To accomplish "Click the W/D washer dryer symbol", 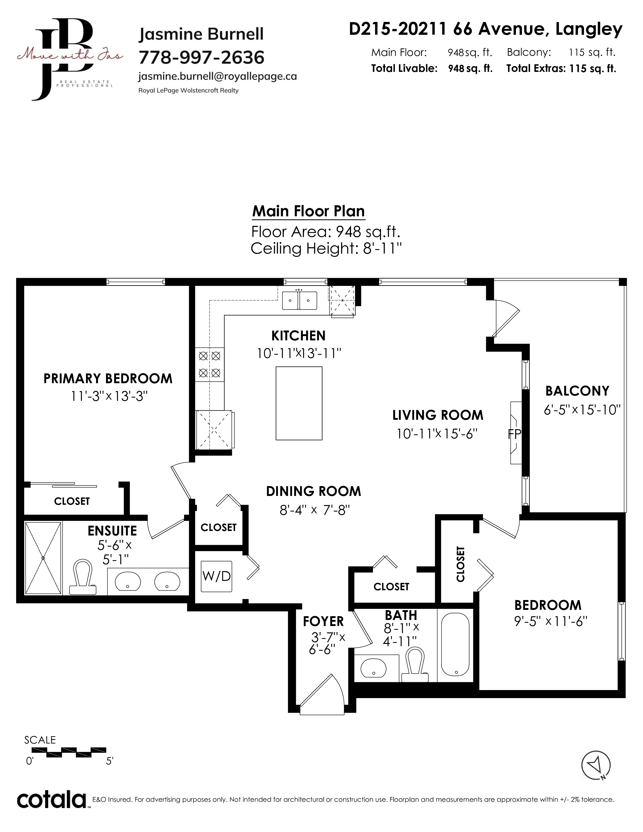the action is tap(216, 576).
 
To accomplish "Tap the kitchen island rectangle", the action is tap(299, 403).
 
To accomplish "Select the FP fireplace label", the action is tap(514, 434).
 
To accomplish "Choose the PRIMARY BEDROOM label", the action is tap(108, 379).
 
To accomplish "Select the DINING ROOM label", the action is tap(313, 491).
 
